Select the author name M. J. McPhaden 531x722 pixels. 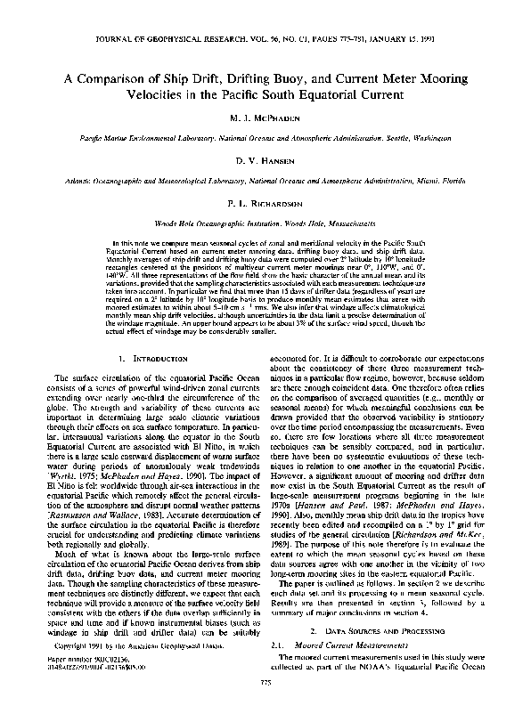[265, 118]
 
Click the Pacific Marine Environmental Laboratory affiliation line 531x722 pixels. [265, 139]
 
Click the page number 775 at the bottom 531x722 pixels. [265, 707]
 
